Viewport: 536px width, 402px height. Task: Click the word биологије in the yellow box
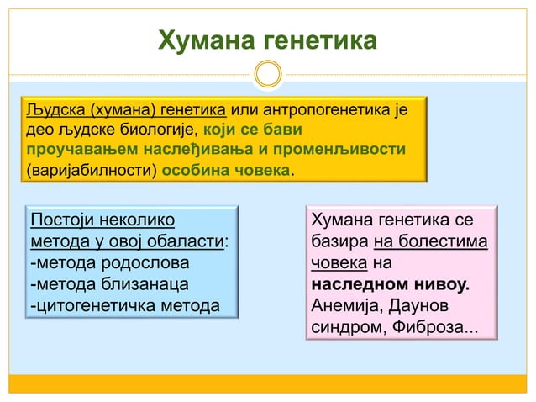[x=154, y=131]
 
